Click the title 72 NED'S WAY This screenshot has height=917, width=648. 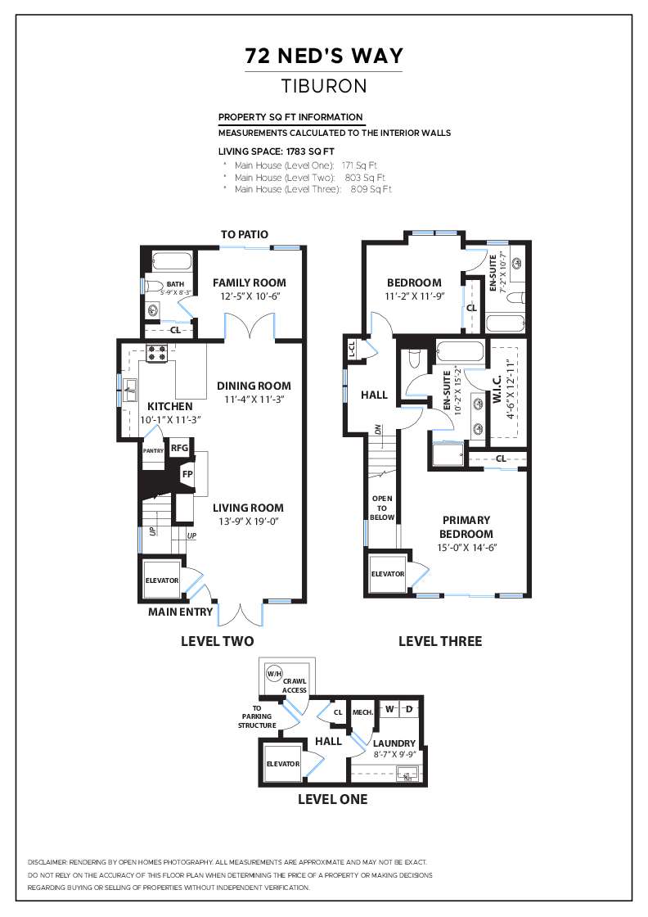(x=324, y=56)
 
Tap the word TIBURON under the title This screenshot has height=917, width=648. (x=324, y=85)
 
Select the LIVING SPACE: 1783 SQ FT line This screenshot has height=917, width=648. (x=277, y=151)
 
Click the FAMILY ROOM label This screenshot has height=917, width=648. (x=250, y=282)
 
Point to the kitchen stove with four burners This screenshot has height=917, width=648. (x=157, y=354)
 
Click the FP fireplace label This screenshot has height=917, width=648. (x=187, y=474)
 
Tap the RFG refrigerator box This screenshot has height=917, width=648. (x=179, y=448)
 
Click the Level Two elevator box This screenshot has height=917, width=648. (x=162, y=580)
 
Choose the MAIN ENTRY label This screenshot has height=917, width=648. (x=180, y=612)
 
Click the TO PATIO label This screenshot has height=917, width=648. (x=245, y=235)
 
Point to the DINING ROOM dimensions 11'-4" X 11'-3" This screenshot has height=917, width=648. (x=253, y=400)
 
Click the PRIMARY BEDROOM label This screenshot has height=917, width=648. (x=466, y=527)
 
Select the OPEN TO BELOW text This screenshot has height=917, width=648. (x=382, y=508)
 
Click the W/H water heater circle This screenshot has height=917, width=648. (x=273, y=674)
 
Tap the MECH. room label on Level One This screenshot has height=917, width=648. (x=362, y=712)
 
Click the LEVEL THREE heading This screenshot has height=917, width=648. (x=440, y=641)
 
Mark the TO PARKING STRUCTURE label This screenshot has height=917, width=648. (x=257, y=716)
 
